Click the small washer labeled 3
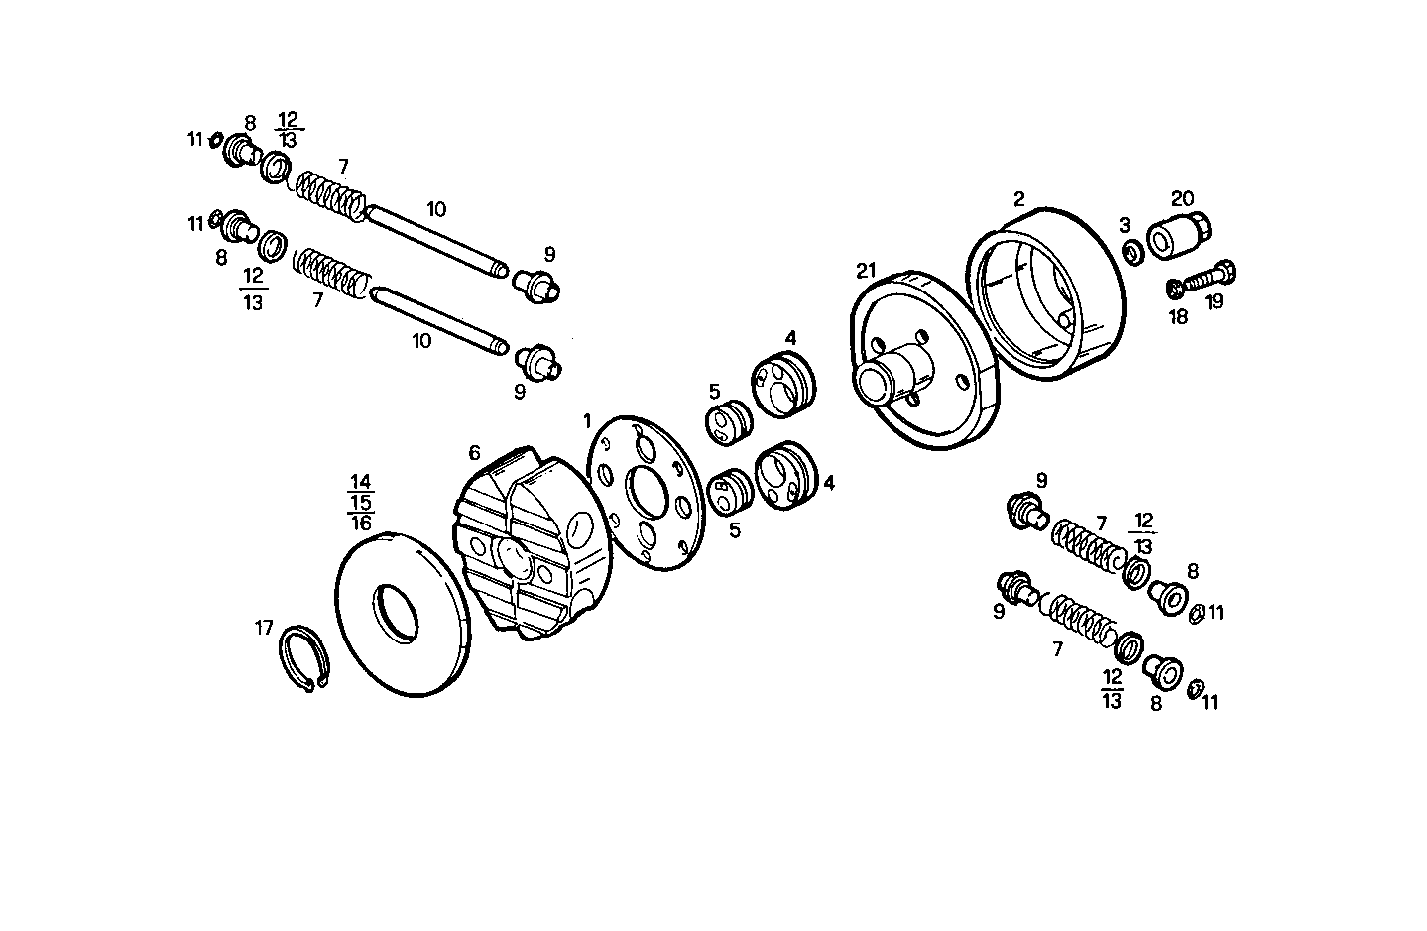pyautogui.click(x=1131, y=252)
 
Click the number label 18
pyautogui.click(x=1178, y=317)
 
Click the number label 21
pyautogui.click(x=867, y=270)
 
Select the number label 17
pyautogui.click(x=263, y=628)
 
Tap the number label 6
pyautogui.click(x=474, y=453)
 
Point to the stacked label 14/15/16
pyautogui.click(x=360, y=503)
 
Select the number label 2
pyautogui.click(x=1018, y=198)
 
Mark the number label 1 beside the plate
pyautogui.click(x=587, y=420)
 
